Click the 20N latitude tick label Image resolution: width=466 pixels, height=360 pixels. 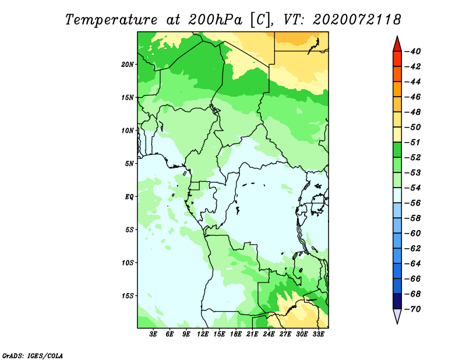click(x=128, y=65)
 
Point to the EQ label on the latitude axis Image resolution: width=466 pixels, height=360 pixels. click(x=129, y=197)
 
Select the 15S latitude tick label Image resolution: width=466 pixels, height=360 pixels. click(x=128, y=296)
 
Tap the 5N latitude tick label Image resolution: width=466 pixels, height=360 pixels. click(x=129, y=164)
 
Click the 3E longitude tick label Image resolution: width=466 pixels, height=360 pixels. click(x=153, y=334)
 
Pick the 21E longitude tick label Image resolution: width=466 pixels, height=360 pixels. click(x=252, y=334)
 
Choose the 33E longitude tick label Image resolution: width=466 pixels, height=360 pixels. click(x=318, y=334)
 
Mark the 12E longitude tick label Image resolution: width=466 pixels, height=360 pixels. click(x=203, y=334)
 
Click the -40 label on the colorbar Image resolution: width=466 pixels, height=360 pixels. click(x=413, y=51)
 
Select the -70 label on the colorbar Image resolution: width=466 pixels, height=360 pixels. click(x=413, y=309)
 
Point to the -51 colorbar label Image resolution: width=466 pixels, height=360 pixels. click(x=413, y=142)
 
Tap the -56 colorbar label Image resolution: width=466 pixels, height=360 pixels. click(x=413, y=203)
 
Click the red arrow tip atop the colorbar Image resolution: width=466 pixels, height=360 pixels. click(x=397, y=36)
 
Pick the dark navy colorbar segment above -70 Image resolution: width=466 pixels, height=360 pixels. click(x=397, y=301)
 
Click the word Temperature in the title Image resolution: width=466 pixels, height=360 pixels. click(x=111, y=20)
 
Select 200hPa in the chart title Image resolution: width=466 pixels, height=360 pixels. click(x=215, y=20)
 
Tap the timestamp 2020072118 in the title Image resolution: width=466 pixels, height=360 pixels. click(x=356, y=20)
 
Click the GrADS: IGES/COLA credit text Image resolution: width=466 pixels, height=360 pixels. click(x=33, y=356)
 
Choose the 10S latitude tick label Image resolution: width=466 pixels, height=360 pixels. click(x=128, y=263)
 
